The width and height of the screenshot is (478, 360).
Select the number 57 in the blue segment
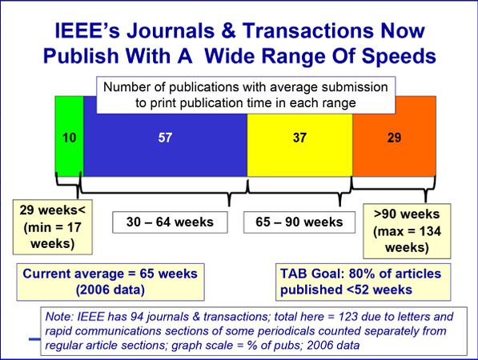click(165, 138)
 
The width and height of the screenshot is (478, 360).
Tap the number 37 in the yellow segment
click(299, 138)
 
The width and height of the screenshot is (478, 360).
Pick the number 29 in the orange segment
click(394, 138)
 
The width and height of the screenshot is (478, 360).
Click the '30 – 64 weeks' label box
click(169, 222)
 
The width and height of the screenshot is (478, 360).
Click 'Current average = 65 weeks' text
click(110, 274)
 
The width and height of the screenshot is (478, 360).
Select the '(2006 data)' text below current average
click(110, 289)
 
